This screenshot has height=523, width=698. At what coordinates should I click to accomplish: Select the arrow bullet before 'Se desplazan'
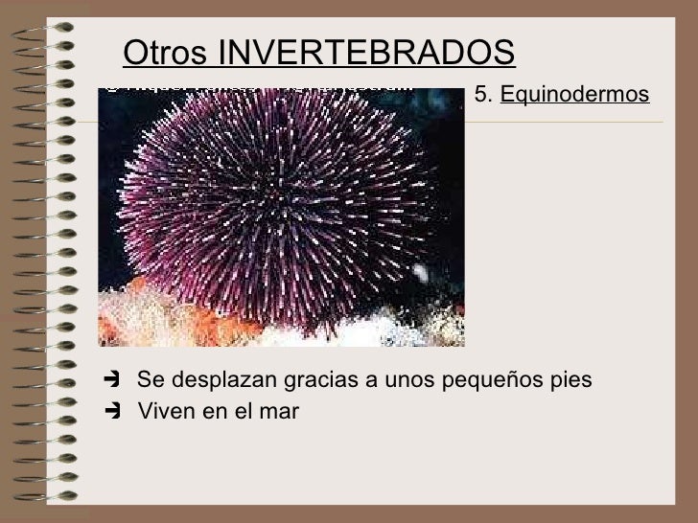113,380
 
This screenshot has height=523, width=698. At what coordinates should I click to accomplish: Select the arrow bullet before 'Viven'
113,412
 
